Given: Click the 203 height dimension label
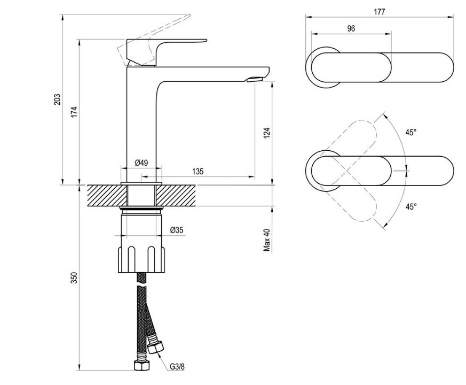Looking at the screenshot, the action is click(x=57, y=99).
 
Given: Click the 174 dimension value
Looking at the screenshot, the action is click(x=74, y=112).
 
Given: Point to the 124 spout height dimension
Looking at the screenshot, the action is click(x=267, y=133).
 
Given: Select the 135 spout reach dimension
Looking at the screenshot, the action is click(x=198, y=171).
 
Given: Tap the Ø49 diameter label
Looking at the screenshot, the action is click(x=141, y=163).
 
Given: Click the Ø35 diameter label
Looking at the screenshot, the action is click(x=177, y=230).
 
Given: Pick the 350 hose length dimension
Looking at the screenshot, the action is click(x=74, y=278).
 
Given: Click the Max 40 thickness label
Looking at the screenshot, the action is click(x=267, y=240).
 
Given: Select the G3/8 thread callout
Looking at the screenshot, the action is click(x=177, y=366).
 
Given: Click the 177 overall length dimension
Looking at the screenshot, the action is click(x=380, y=12).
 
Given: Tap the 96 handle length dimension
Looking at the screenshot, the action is click(x=351, y=28).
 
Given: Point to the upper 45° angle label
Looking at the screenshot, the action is click(x=411, y=133).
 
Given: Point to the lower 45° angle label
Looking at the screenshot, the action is click(x=411, y=206).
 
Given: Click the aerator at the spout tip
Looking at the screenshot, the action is click(x=255, y=79).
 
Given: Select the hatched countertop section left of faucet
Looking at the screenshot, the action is click(x=107, y=195).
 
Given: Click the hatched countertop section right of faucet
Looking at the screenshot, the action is click(x=176, y=195).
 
